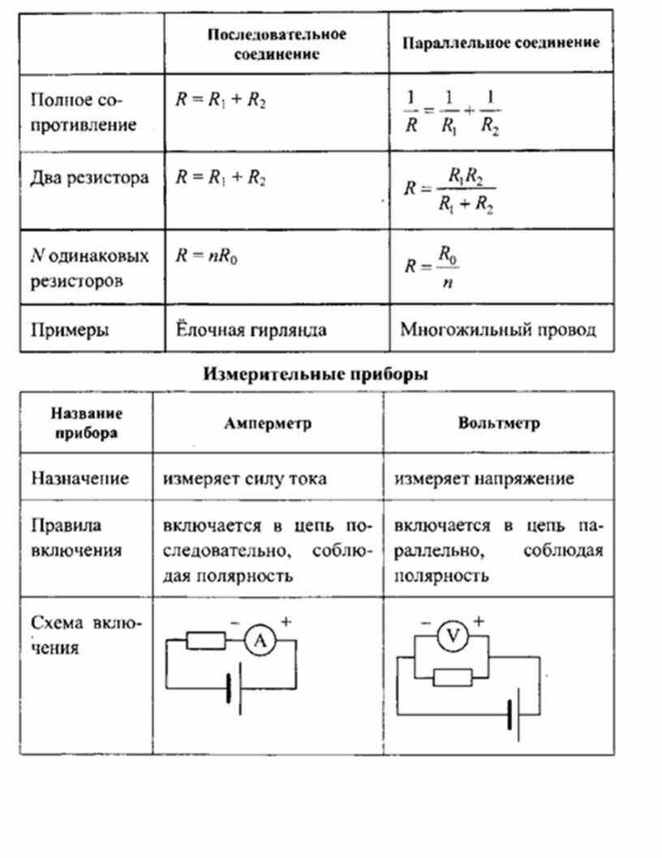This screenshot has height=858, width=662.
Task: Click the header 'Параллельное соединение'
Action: click(x=501, y=43)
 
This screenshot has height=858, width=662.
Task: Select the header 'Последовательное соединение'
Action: click(x=277, y=44)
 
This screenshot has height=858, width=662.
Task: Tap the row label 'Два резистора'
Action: click(x=89, y=178)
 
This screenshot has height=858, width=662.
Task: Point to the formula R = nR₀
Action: click(x=206, y=255)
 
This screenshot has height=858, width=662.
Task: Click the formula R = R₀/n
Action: click(x=432, y=267)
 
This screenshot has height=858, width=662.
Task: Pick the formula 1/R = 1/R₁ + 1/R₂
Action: click(x=452, y=112)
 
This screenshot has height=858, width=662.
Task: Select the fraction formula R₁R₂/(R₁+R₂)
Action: click(x=449, y=190)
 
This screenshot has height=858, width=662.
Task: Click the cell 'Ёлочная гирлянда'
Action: click(x=251, y=330)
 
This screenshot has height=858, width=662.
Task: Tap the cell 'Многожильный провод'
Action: click(x=498, y=330)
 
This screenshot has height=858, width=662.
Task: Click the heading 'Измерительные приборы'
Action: click(x=316, y=375)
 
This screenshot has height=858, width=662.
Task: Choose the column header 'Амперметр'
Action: click(x=268, y=423)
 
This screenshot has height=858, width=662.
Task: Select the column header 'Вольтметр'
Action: click(x=499, y=423)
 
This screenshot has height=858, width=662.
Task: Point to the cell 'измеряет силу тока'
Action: click(x=244, y=478)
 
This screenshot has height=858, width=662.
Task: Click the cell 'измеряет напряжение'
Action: click(x=484, y=478)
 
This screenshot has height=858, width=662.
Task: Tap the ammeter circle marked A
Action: click(x=260, y=640)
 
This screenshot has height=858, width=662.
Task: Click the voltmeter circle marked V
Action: click(x=453, y=636)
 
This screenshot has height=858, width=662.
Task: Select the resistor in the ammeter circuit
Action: click(x=206, y=640)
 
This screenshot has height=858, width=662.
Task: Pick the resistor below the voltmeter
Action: click(x=453, y=677)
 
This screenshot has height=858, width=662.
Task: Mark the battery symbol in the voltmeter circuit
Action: click(x=514, y=714)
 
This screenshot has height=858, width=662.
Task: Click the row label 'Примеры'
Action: click(x=70, y=330)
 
